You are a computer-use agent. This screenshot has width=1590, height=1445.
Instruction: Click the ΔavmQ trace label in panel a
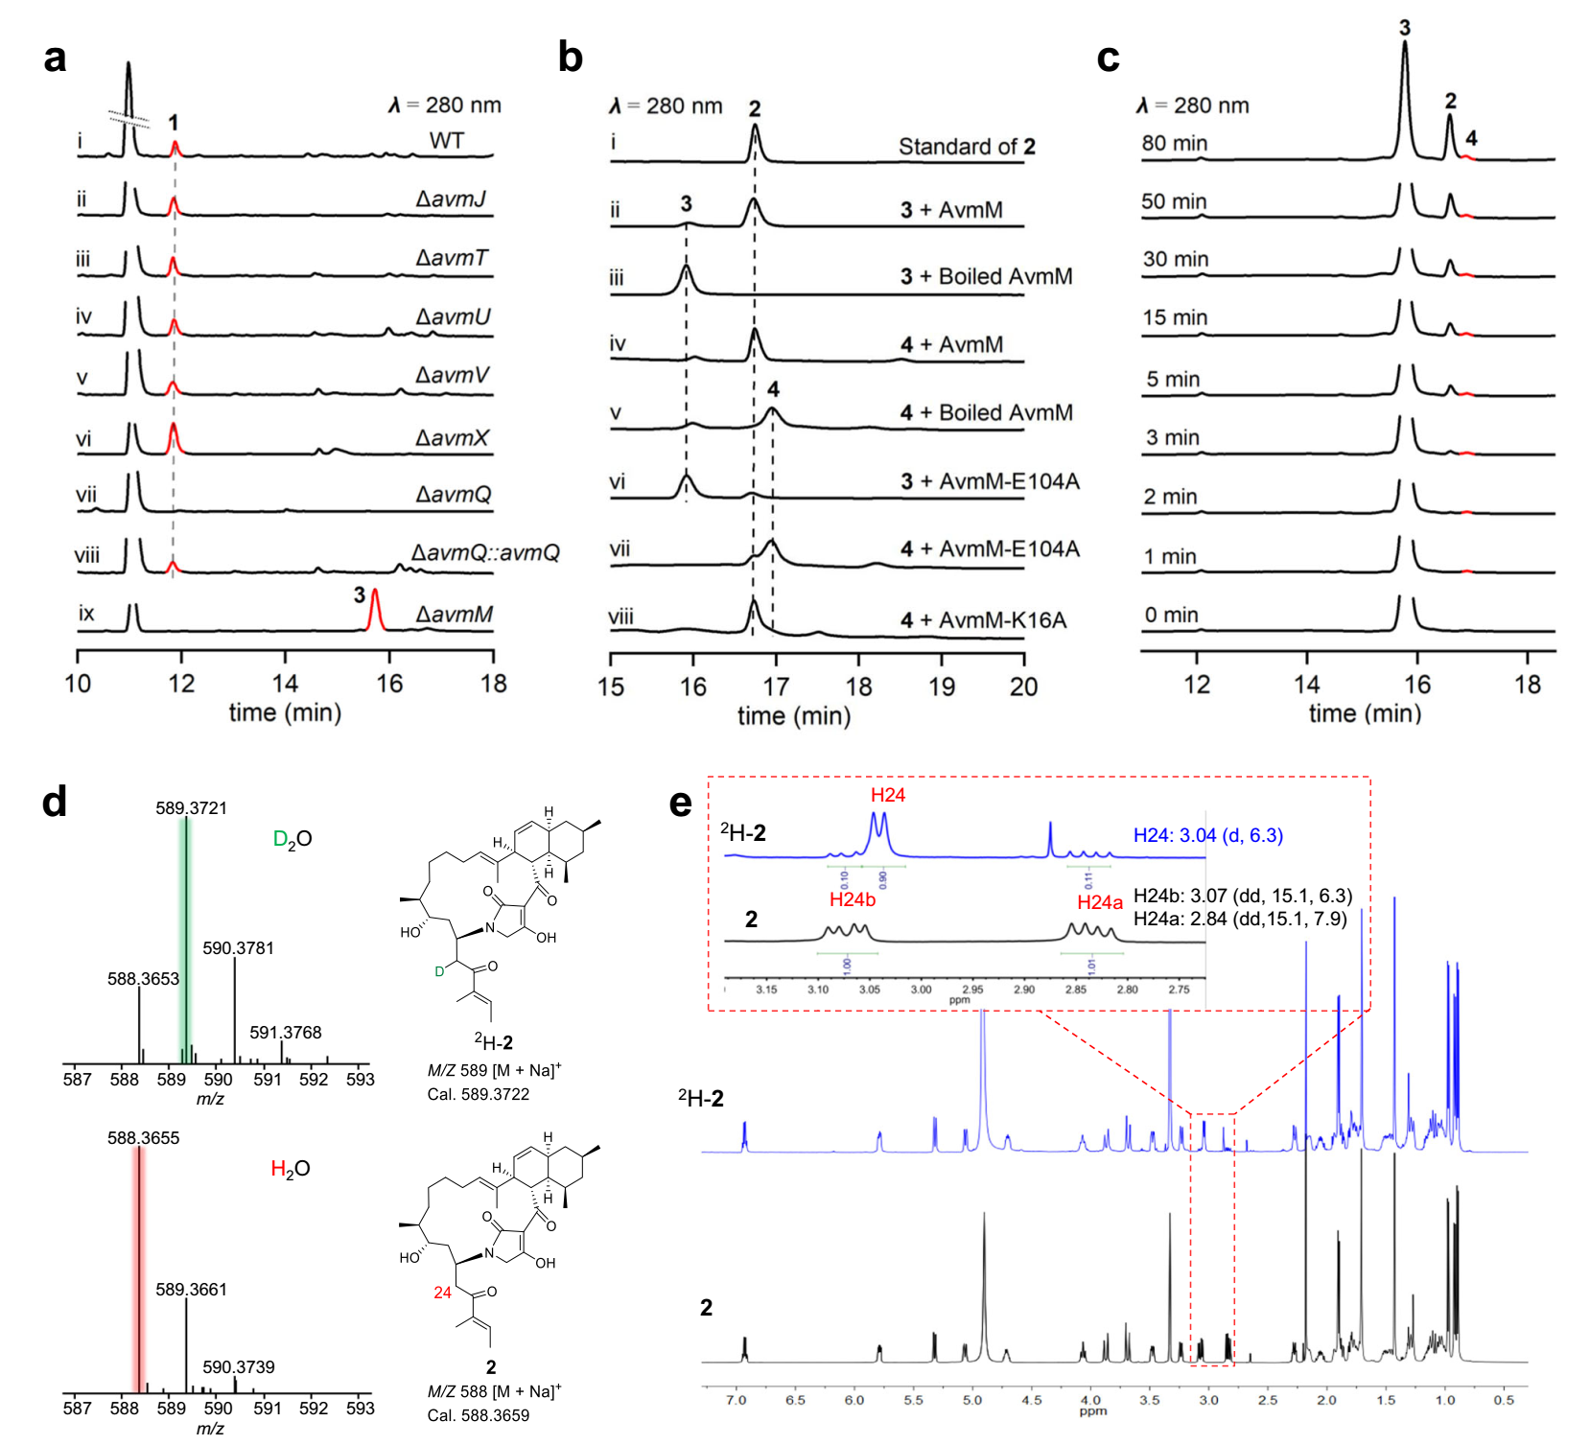click(x=454, y=495)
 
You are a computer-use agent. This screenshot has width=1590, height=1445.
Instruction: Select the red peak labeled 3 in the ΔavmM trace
click(x=375, y=610)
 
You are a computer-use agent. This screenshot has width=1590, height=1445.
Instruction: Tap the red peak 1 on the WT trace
click(x=175, y=148)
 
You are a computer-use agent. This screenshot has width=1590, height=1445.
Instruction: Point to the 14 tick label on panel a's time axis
click(x=285, y=684)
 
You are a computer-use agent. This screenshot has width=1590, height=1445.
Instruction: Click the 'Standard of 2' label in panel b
click(x=967, y=147)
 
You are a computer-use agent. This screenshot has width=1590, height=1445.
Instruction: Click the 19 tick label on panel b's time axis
click(x=942, y=687)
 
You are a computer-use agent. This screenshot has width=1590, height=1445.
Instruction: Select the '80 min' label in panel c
click(x=1174, y=144)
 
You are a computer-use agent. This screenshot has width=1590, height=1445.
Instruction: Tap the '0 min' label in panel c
click(x=1171, y=616)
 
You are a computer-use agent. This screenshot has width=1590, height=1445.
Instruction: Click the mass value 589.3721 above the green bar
click(x=192, y=808)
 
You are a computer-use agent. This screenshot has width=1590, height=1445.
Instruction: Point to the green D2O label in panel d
click(x=292, y=839)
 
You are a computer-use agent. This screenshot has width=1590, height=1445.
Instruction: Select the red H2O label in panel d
click(x=290, y=1169)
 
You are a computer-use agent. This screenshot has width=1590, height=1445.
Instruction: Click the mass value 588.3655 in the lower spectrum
click(x=144, y=1138)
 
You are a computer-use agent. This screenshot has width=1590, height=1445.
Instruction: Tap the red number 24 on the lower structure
click(x=442, y=1293)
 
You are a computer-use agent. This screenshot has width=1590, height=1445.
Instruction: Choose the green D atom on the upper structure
click(x=439, y=971)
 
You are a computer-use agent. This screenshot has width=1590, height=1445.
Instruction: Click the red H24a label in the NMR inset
click(x=1099, y=902)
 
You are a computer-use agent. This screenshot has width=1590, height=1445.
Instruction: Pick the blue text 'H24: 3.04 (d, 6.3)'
click(x=1208, y=835)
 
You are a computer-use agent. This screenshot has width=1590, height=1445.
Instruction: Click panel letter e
click(x=680, y=803)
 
